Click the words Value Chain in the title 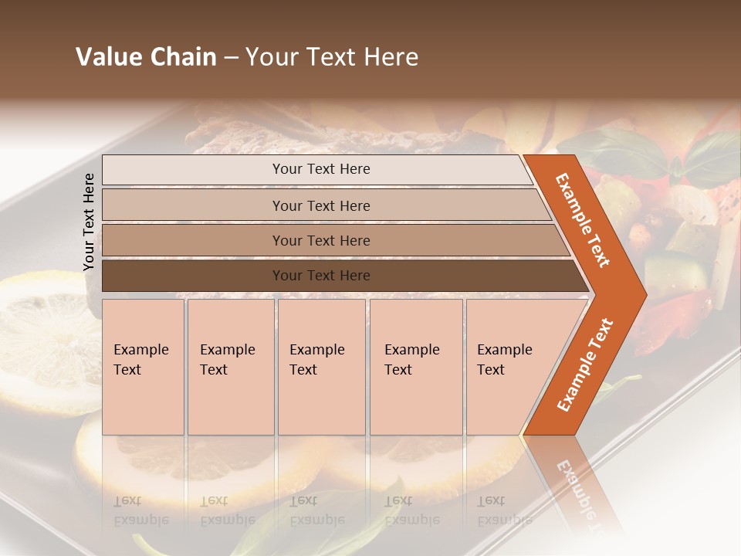pyautogui.click(x=146, y=57)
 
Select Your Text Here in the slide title pyautogui.click(x=332, y=57)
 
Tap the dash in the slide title pyautogui.click(x=231, y=58)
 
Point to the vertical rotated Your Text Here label pyautogui.click(x=89, y=222)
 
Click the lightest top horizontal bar pyautogui.click(x=320, y=169)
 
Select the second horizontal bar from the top pyautogui.click(x=320, y=205)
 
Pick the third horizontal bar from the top pyautogui.click(x=320, y=240)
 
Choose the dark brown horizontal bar pyautogui.click(x=320, y=276)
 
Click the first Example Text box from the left pyautogui.click(x=143, y=367)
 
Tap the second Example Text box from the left pyautogui.click(x=230, y=367)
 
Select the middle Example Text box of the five pyautogui.click(x=321, y=367)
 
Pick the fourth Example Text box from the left pyautogui.click(x=415, y=367)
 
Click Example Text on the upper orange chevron pyautogui.click(x=584, y=220)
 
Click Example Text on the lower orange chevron pyautogui.click(x=585, y=364)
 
